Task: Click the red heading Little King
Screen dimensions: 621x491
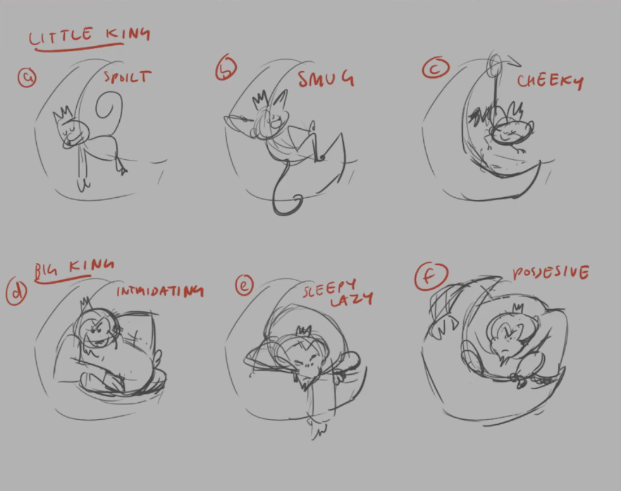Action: coord(89,36)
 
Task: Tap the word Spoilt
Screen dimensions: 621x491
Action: coord(128,77)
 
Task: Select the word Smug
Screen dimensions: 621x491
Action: coord(326,79)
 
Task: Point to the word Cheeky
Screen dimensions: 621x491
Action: coord(550,81)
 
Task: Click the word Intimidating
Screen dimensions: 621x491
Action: coord(160,292)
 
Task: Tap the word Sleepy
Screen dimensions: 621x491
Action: coord(329,288)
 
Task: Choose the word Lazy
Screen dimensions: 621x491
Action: coord(351,300)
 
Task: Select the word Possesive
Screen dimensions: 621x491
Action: coord(551,273)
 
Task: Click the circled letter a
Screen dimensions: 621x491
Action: coord(27,77)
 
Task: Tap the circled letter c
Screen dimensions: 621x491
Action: coord(436,68)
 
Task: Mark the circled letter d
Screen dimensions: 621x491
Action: coord(16,291)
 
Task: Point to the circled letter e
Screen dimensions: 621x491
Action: coord(244,285)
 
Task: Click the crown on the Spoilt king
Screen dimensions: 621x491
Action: coord(63,113)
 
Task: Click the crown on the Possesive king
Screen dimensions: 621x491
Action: coord(518,308)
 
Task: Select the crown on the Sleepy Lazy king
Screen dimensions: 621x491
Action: coord(304,330)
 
